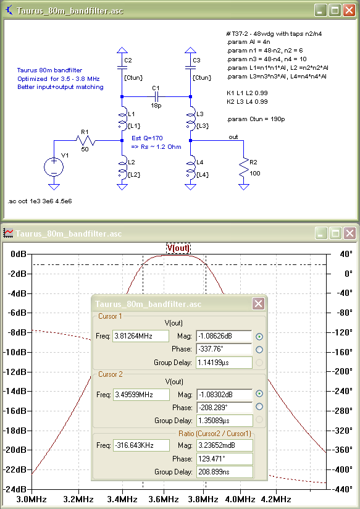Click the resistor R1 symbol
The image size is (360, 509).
pyautogui.click(x=85, y=141)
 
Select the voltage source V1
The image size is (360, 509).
pyautogui.click(x=54, y=167)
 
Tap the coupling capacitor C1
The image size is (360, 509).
pyautogui.click(x=156, y=96)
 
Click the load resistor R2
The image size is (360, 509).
pyautogui.click(x=243, y=167)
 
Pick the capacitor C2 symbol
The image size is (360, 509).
pyautogui.click(x=122, y=67)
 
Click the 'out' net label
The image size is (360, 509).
pyautogui.click(x=233, y=137)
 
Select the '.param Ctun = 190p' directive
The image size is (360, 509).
pyautogui.click(x=256, y=119)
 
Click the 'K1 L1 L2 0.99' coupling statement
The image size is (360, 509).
pyautogui.click(x=247, y=93)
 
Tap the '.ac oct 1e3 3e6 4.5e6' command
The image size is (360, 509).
pyautogui.click(x=40, y=201)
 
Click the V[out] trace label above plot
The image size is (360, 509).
pyautogui.click(x=178, y=248)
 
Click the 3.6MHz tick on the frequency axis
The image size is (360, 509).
pyautogui.click(x=164, y=499)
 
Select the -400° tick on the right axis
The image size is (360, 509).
pyautogui.click(x=342, y=469)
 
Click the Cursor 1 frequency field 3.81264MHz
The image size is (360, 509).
pyautogui.click(x=141, y=336)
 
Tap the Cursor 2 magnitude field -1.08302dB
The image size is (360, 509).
pyautogui.click(x=224, y=395)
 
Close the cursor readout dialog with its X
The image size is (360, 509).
pyautogui.click(x=258, y=304)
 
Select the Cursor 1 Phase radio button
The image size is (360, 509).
pyautogui.click(x=259, y=350)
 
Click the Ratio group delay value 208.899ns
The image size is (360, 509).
pyautogui.click(x=224, y=472)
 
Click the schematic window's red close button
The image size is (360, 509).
pyautogui.click(x=349, y=11)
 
